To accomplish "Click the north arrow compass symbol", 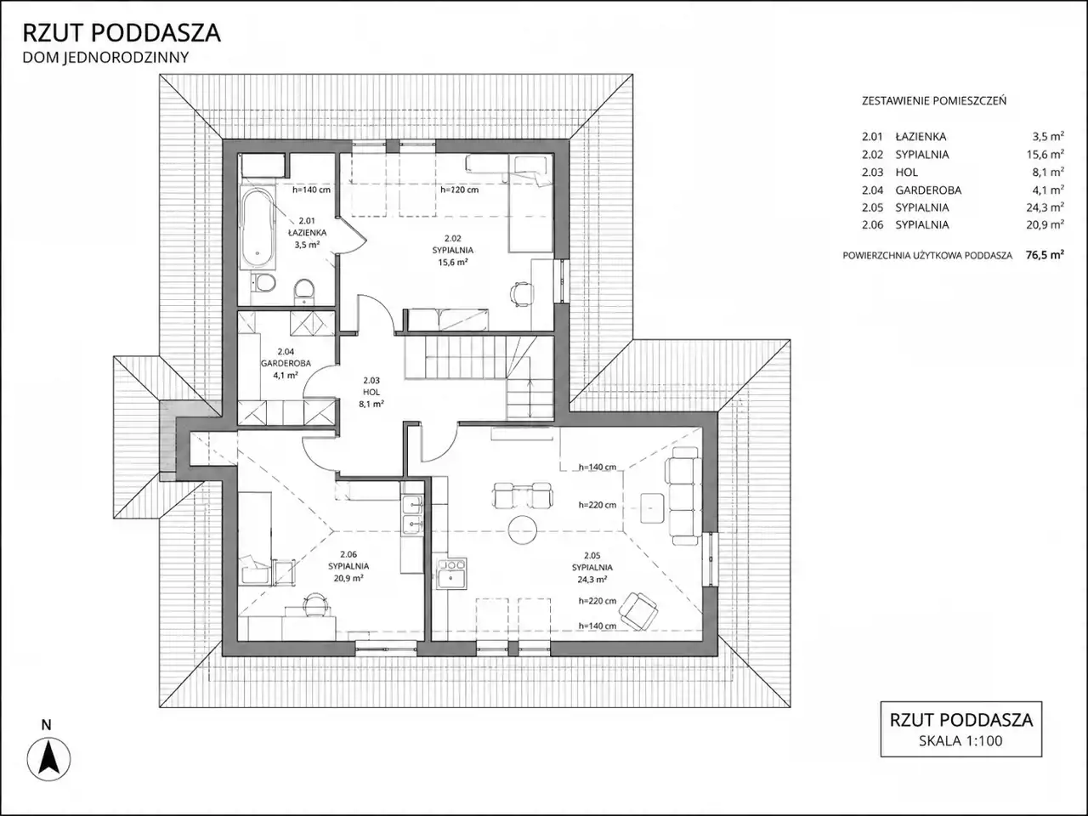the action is click(48, 758).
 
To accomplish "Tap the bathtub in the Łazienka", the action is click(258, 229).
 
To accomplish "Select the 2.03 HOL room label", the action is click(371, 392).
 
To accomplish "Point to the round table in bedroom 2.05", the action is click(523, 530).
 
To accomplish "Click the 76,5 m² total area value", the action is click(1045, 255).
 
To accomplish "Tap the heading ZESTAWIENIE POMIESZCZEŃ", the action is click(934, 101).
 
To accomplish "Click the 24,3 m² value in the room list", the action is click(1045, 207).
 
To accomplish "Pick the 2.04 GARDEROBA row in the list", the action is click(963, 190).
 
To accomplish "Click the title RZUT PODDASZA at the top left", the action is click(122, 33).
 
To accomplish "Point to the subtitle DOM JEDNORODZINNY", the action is click(105, 58).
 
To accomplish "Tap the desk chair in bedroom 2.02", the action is click(521, 294).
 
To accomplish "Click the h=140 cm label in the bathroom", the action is click(311, 190).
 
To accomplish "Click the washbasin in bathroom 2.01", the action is click(303, 291).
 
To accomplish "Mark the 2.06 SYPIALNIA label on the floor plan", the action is click(348, 566).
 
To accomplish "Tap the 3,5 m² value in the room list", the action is click(1048, 136).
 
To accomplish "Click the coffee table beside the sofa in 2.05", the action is click(652, 507).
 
